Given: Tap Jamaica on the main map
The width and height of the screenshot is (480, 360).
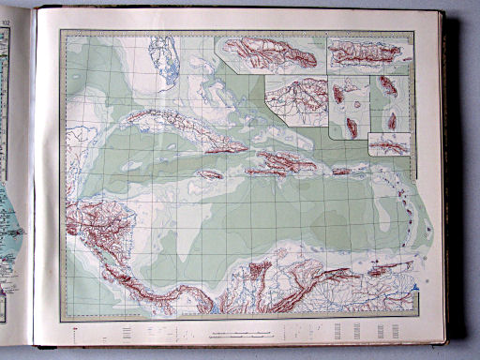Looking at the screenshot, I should coord(210,173).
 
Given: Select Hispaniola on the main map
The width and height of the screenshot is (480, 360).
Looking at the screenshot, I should coord(277,164).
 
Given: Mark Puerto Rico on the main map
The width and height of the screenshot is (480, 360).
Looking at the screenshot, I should coord(340,171).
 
